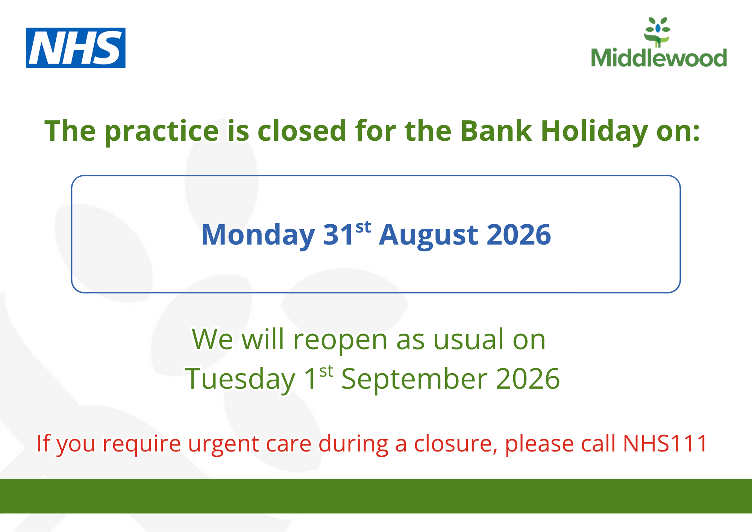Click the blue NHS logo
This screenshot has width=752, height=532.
76,48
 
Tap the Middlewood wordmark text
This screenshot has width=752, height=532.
659,58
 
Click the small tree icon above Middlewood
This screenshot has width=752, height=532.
657,32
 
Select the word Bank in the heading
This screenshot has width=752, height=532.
496,131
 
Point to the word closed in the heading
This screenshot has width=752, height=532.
302,131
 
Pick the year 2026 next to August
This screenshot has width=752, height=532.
519,234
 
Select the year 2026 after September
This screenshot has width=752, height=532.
528,378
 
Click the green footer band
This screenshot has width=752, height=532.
376,496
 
